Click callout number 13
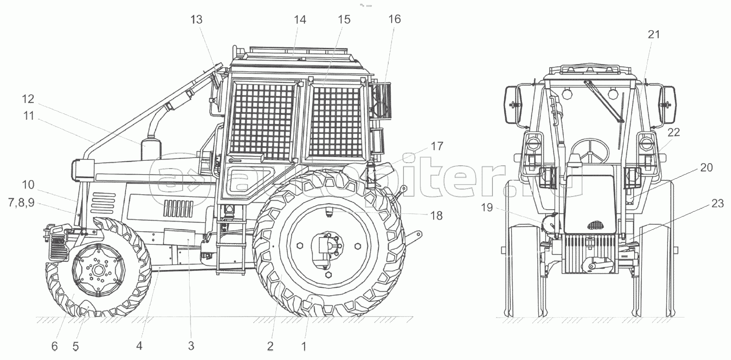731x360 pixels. click(x=196, y=20)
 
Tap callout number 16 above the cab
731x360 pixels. click(x=394, y=19)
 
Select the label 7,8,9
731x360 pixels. click(x=21, y=203)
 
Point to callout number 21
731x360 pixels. click(x=653, y=34)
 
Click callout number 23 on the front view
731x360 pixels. click(x=717, y=204)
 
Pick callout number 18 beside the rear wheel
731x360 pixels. click(x=436, y=216)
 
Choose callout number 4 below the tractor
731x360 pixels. click(x=139, y=346)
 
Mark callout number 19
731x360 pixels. click(x=487, y=207)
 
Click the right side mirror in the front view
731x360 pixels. click(x=667, y=104)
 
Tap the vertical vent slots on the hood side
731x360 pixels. click(x=178, y=209)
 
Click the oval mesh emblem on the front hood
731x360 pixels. click(x=596, y=225)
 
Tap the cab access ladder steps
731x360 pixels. click(x=231, y=243)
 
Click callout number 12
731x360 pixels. click(x=28, y=99)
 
